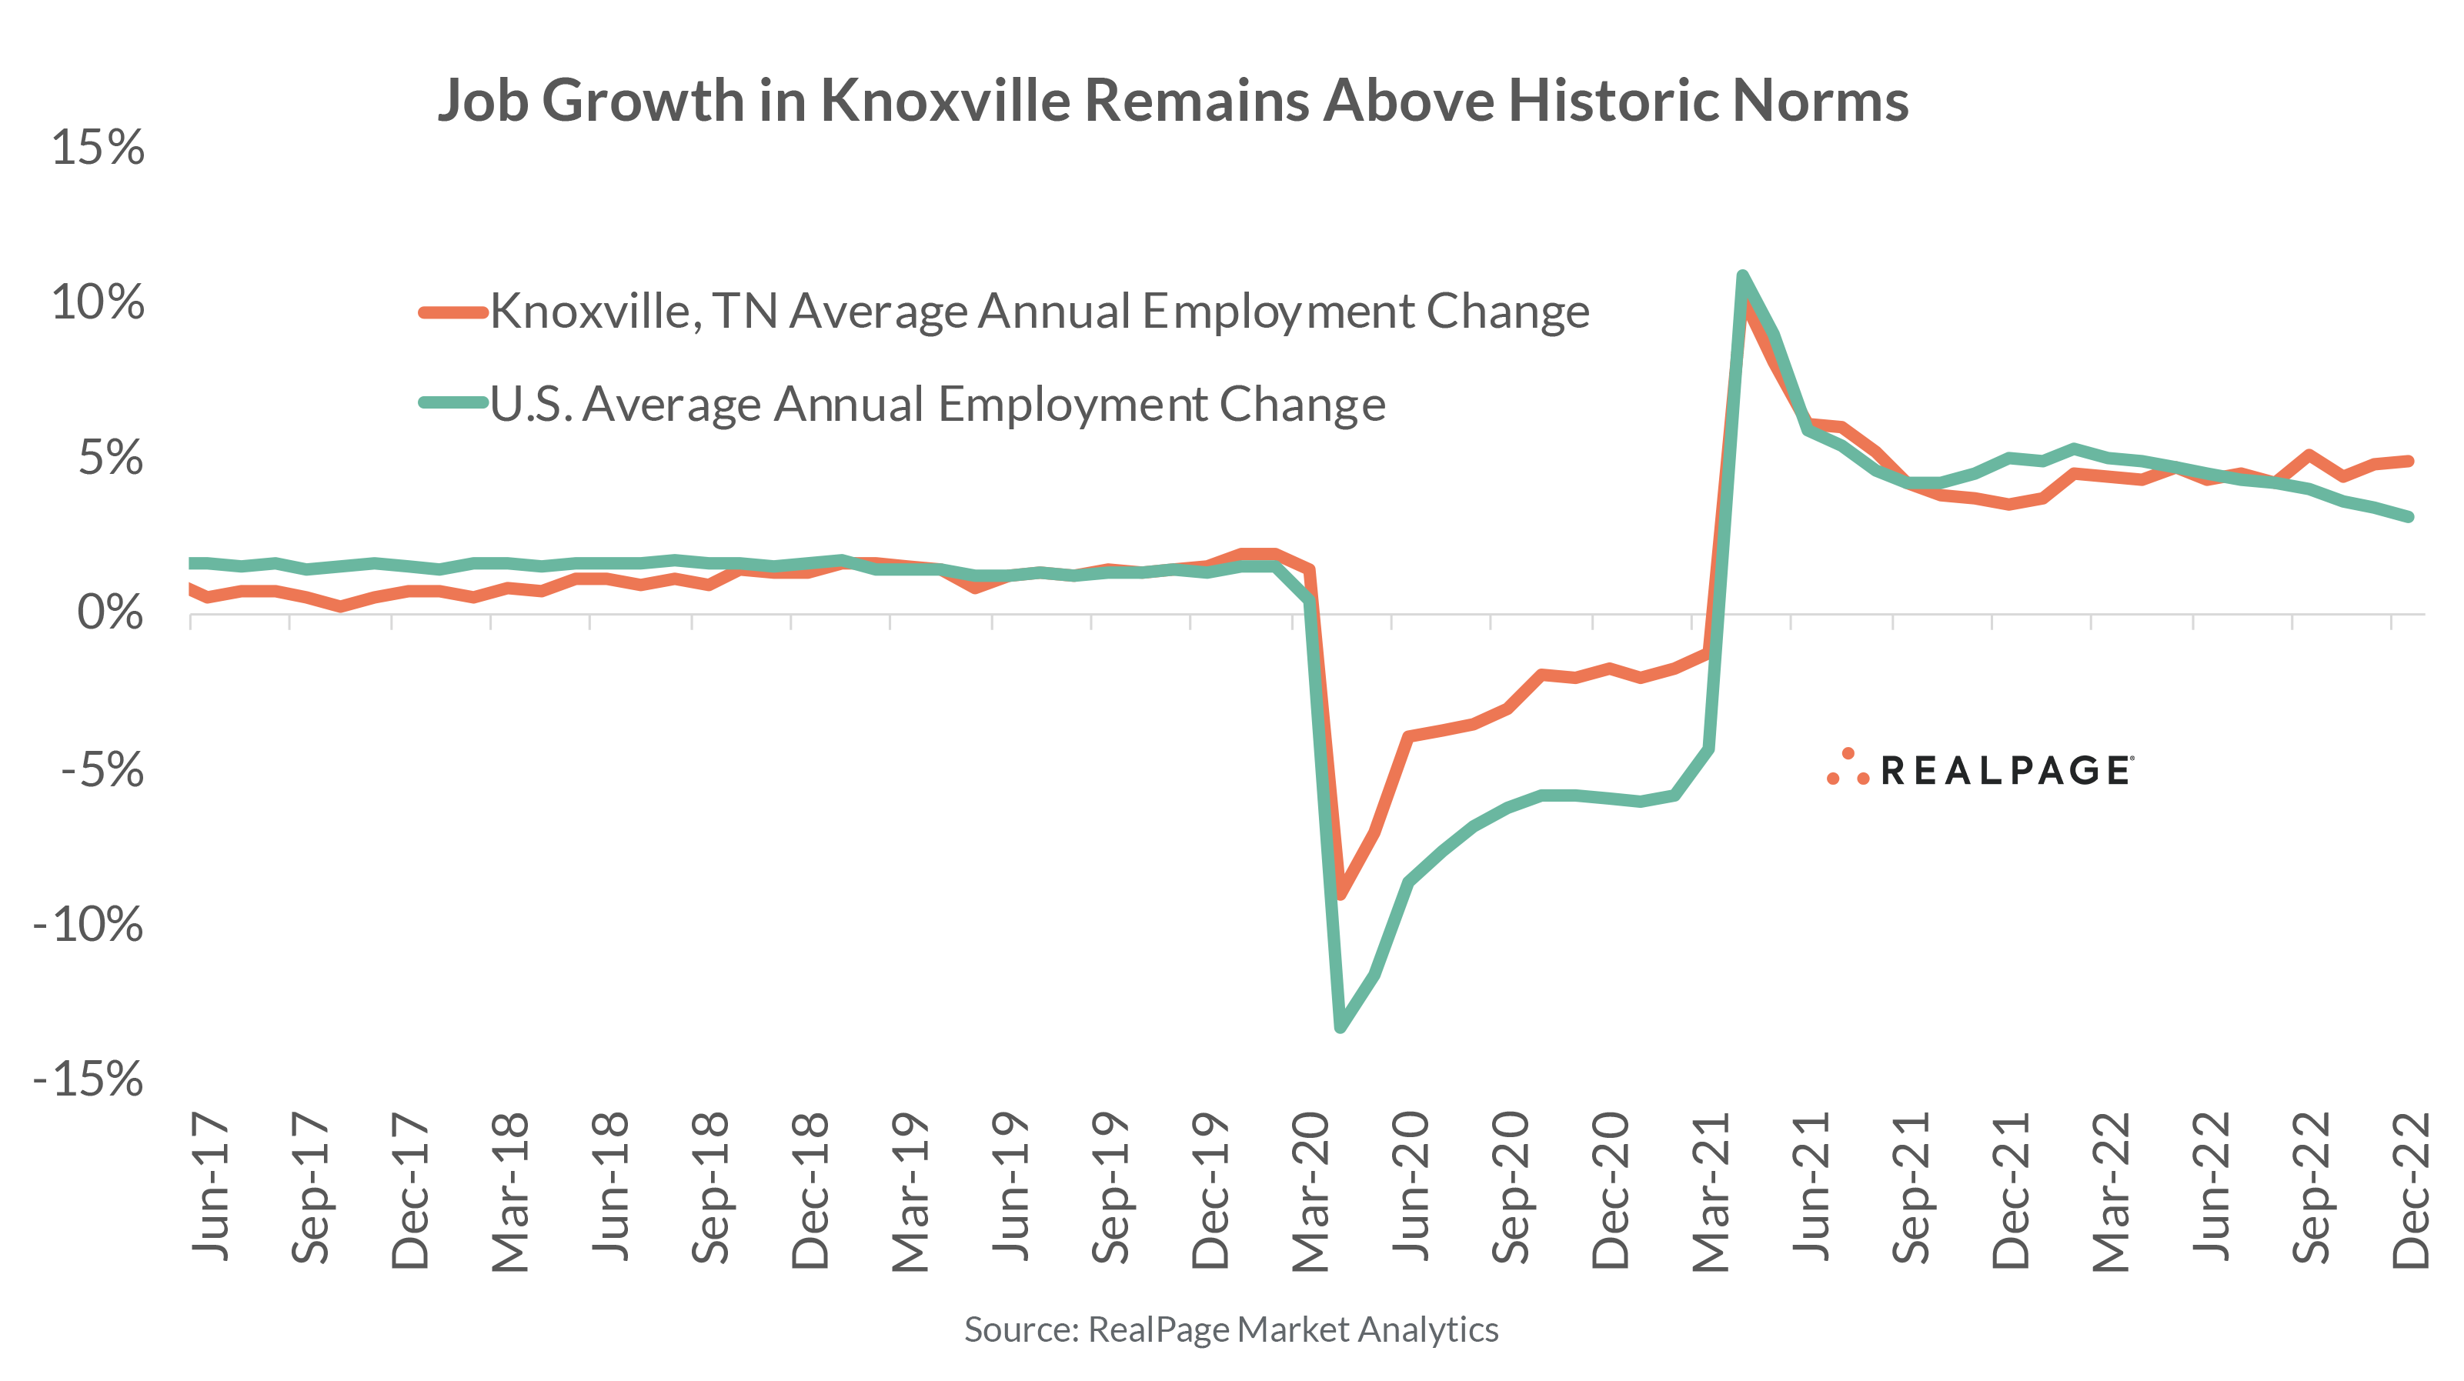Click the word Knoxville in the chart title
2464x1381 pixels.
pos(947,101)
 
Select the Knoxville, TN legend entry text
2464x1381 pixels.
pos(1039,312)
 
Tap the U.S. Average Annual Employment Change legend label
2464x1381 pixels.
pos(937,405)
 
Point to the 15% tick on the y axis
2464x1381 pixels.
pos(97,148)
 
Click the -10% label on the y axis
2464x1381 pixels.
pos(88,925)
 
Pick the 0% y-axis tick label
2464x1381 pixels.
pos(110,613)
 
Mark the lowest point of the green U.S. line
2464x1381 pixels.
pos(1340,1027)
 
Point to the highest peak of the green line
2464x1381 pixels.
pos(1742,276)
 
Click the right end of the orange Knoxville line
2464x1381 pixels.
pos(2408,461)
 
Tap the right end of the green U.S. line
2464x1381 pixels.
pos(2408,516)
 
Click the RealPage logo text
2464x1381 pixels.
pos(2005,771)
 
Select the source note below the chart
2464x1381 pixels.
pos(1230,1329)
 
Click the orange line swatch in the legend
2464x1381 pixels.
pos(453,312)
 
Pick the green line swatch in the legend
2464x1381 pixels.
pos(453,402)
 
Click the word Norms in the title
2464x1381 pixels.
pos(1819,101)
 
